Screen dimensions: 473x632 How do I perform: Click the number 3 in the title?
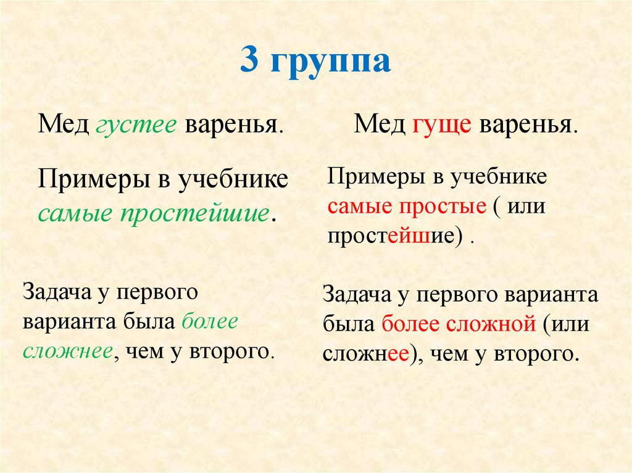coord(249,62)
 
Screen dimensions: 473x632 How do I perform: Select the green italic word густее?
coord(136,126)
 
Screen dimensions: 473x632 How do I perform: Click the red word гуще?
coord(439,126)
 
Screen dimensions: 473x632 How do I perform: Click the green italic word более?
coord(210,322)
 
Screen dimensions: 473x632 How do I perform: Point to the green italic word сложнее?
coord(67,352)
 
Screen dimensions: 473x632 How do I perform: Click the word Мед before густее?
coord(64,126)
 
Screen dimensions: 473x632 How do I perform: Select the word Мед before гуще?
coord(378,126)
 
